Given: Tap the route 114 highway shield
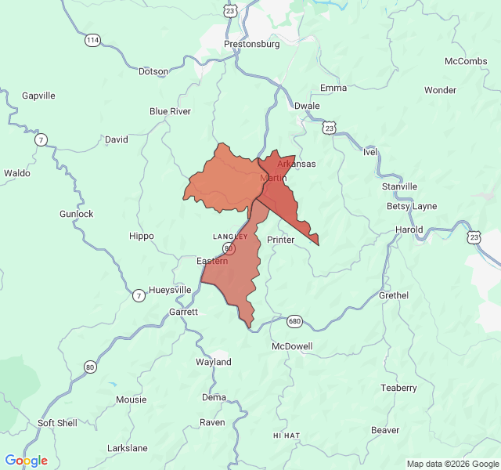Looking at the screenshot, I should [x=93, y=40].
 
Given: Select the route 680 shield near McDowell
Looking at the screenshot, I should [x=294, y=321].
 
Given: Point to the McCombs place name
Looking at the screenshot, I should [x=466, y=62].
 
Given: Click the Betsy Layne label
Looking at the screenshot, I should [x=412, y=207].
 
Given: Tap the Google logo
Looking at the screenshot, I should [x=26, y=461].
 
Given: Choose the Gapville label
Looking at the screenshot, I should [x=38, y=96].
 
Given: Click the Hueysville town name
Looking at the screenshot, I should [x=170, y=290].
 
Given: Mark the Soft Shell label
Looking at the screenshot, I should [x=57, y=423].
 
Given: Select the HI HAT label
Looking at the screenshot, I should [x=287, y=435].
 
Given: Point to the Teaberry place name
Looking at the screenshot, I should [x=398, y=389].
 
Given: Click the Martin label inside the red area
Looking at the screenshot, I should [x=273, y=179].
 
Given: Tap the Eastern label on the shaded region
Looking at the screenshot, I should [x=212, y=261].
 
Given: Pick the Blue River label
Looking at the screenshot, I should [x=170, y=111].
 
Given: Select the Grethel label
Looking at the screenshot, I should [x=394, y=295].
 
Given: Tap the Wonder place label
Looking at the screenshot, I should [x=440, y=90].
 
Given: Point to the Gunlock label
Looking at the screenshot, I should [x=76, y=214].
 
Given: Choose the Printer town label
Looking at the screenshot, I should [x=280, y=240].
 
